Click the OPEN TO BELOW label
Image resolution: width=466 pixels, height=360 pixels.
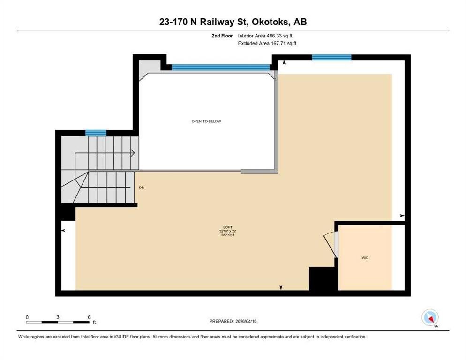click(206, 121)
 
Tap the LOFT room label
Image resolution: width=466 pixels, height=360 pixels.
click(228, 227)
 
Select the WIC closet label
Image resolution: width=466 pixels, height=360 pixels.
click(365, 258)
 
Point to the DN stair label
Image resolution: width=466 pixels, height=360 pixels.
click(142, 187)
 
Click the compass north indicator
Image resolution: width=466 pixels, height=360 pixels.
click(430, 317)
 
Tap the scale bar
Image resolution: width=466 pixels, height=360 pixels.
click(57, 322)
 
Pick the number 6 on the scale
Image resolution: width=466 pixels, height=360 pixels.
click(89, 317)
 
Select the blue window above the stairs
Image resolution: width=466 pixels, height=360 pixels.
click(96, 133)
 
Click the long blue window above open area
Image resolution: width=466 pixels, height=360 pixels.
click(221, 67)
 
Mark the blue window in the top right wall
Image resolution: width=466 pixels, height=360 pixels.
click(331, 57)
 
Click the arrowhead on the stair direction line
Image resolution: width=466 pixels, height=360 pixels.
click(133, 153)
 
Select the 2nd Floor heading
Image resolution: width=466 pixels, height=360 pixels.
click(222, 36)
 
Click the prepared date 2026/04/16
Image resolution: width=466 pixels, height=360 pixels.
click(246, 321)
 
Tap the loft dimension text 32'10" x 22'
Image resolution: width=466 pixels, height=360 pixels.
click(228, 231)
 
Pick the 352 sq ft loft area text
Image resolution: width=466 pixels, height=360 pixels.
click(228, 235)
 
